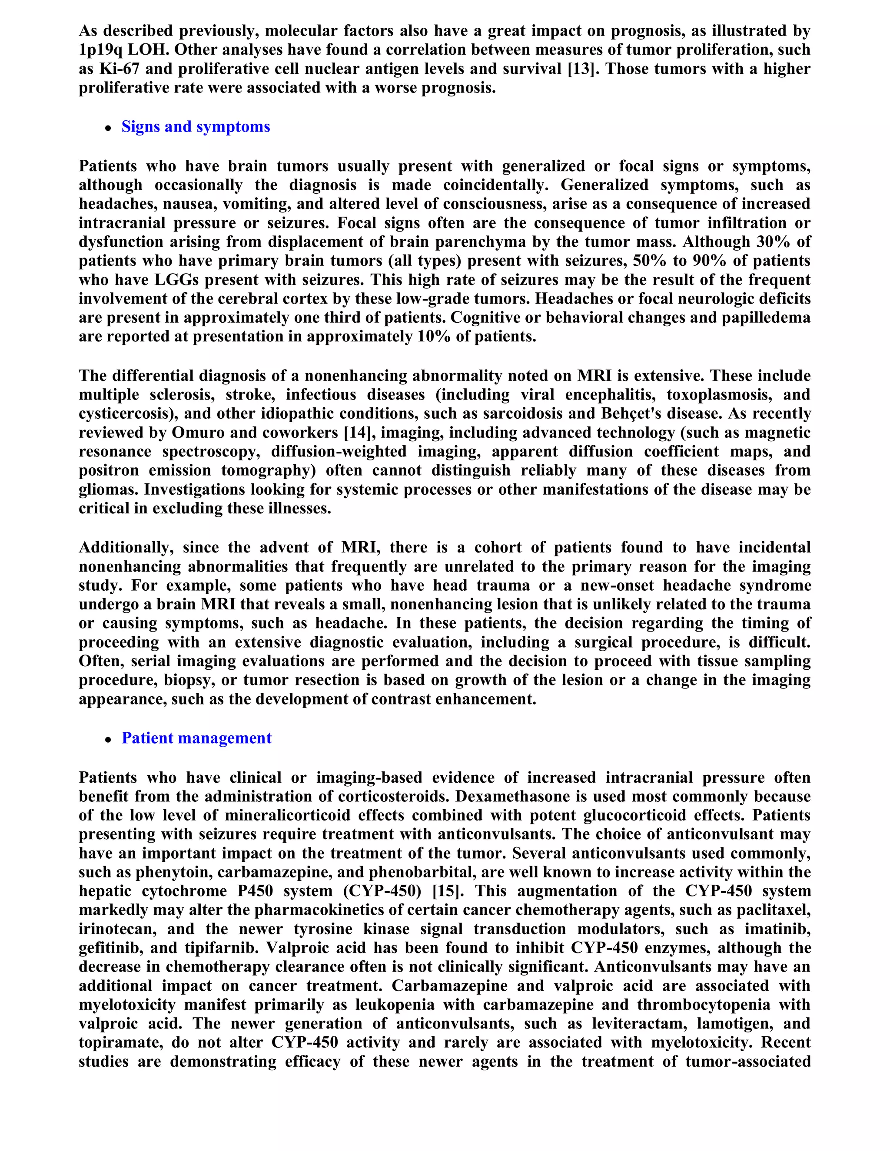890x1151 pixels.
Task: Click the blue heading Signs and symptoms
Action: click(x=196, y=126)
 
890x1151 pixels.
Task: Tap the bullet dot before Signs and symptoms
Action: click(x=108, y=128)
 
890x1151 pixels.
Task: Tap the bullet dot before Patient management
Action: click(x=108, y=739)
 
